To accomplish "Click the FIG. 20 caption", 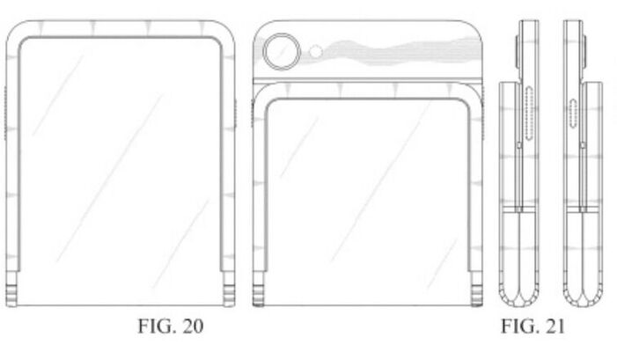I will (x=173, y=327).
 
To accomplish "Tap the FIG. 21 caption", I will (x=533, y=327).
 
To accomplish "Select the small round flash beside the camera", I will (x=316, y=53).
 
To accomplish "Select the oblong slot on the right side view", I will (x=574, y=114).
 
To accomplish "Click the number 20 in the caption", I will (x=193, y=327).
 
